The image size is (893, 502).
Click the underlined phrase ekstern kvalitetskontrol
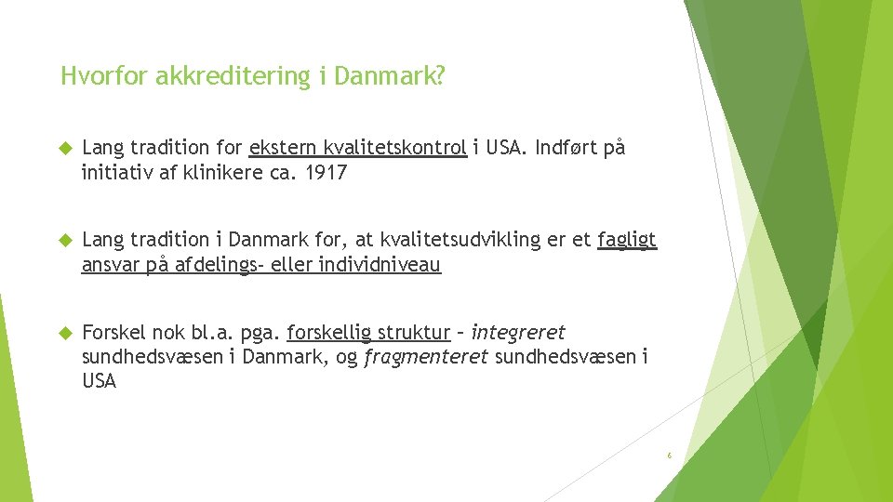(357, 149)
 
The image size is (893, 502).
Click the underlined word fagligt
(627, 240)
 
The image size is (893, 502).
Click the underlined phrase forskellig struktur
(368, 332)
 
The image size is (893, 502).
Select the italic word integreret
(518, 332)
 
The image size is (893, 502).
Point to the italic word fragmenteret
(426, 356)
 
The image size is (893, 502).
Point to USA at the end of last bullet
(100, 381)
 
